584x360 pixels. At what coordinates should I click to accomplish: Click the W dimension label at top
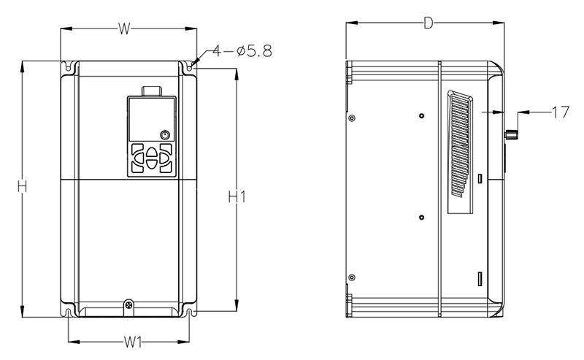click(124, 28)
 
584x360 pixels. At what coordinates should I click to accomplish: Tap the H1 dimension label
click(236, 196)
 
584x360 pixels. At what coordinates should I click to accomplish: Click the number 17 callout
click(560, 112)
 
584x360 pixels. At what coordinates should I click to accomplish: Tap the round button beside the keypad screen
click(164, 135)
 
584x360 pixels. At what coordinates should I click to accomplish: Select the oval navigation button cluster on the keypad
click(151, 157)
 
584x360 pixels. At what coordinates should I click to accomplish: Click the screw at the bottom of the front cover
click(128, 304)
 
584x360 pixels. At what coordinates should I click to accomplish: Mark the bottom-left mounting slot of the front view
click(68, 313)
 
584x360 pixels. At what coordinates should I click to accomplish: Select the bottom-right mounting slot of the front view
click(190, 313)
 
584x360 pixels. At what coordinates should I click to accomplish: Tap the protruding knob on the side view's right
click(512, 135)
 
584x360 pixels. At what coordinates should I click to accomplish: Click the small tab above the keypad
click(151, 91)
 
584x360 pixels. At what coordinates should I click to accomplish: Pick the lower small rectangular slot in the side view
click(480, 278)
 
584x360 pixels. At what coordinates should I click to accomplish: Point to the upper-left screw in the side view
click(353, 118)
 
